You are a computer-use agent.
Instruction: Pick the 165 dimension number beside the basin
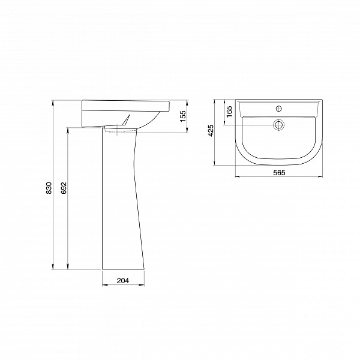point(229,112)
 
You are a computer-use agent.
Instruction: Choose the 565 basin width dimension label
point(278,173)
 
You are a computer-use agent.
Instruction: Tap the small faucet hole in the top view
point(278,109)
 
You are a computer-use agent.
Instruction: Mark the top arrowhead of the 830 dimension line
point(55,101)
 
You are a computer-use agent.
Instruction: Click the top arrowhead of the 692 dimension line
point(68,128)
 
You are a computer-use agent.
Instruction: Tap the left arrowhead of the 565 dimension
point(235,178)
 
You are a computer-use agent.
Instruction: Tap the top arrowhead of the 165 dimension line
point(224,100)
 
